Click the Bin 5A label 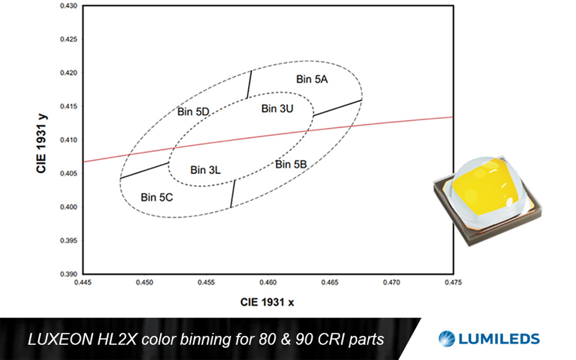312,79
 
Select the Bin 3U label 277,108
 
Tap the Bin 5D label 193,112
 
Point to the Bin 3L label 206,170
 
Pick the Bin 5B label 291,164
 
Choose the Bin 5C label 157,197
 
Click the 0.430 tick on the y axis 69,6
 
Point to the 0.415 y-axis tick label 69,106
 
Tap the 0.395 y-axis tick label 69,240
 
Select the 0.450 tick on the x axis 144,282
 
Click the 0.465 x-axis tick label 330,282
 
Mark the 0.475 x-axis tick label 453,282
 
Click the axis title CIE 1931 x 267,302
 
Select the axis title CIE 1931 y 41,144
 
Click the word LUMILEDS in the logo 499,339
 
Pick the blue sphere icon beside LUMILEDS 447,339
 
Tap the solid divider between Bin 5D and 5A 249,84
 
